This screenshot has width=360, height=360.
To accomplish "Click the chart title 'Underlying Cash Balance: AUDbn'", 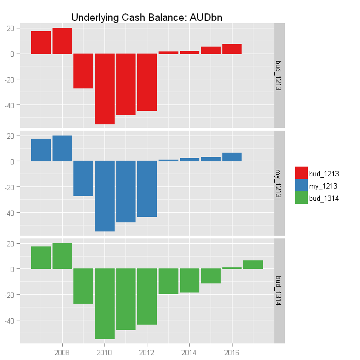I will point(147,17).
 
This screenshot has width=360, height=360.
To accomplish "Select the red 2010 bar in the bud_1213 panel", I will point(104,89).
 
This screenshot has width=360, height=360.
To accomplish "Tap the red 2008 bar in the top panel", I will point(62,41).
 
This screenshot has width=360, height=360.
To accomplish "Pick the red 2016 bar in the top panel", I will point(232,49).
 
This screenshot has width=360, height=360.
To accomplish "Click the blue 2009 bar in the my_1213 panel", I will point(83,178).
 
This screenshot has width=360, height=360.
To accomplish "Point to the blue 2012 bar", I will point(147,189).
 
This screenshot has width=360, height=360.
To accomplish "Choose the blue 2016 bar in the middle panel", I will point(232,157).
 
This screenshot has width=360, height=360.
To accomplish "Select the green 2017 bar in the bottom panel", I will point(253,265).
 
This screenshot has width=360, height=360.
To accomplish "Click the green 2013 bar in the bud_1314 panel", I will point(168,281).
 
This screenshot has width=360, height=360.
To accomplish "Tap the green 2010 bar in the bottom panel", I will point(104,304).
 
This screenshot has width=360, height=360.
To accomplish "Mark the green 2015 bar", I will point(211,276).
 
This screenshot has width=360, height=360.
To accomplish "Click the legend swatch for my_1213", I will point(301,185).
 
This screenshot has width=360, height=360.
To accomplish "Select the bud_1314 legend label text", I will point(324,198).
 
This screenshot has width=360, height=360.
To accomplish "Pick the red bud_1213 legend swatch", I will point(301,172).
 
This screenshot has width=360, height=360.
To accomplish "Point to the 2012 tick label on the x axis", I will point(147,352).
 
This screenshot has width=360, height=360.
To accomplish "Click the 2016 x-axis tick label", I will point(232,352).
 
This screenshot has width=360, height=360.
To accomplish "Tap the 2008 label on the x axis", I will point(62,352).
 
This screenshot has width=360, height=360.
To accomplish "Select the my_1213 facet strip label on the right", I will point(279,183).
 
